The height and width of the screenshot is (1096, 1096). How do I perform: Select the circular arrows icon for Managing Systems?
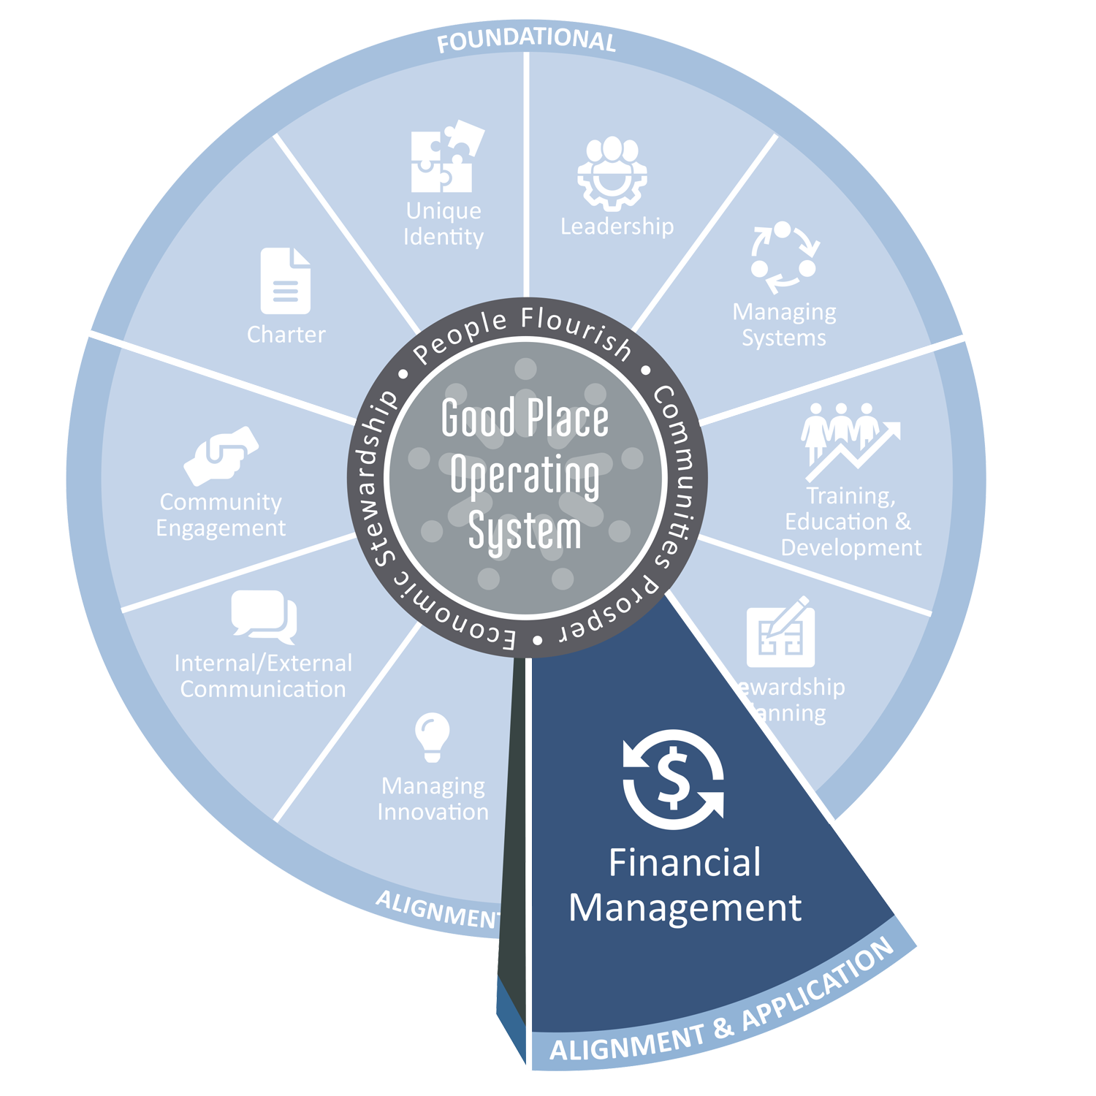pyautogui.click(x=784, y=258)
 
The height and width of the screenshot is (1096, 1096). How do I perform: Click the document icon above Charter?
pyautogui.click(x=286, y=281)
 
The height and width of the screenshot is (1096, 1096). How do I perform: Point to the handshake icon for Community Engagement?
pyautogui.click(x=221, y=456)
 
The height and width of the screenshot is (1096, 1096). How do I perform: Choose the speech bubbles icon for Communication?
pyautogui.click(x=265, y=616)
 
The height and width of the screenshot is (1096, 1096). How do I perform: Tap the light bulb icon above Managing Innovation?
pyautogui.click(x=433, y=737)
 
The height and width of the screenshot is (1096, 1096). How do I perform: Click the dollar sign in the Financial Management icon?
pyautogui.click(x=673, y=779)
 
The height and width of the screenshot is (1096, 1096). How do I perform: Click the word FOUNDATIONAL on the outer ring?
pyautogui.click(x=526, y=41)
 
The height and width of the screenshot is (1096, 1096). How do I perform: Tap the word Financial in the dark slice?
pyautogui.click(x=685, y=863)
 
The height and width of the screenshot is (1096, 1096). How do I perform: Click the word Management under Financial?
pyautogui.click(x=685, y=908)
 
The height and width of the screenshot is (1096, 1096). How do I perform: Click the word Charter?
pyautogui.click(x=286, y=335)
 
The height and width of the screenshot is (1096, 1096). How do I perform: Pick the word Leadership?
pyautogui.click(x=617, y=227)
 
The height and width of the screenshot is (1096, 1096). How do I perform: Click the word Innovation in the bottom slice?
pyautogui.click(x=433, y=812)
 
